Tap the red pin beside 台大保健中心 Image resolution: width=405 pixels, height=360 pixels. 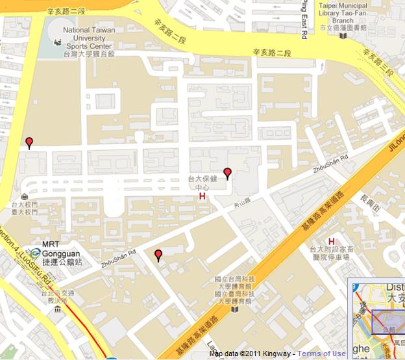(227, 172)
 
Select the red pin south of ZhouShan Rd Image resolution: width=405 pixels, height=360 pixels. (158, 254)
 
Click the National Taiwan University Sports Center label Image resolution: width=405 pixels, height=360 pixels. (89, 42)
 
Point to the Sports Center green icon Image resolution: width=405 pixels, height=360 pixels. (58, 43)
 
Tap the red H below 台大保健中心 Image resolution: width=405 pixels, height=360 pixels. (202, 196)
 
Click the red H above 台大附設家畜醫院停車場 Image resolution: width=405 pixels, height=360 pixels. (332, 242)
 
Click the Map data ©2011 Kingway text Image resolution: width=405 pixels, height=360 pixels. (251, 354)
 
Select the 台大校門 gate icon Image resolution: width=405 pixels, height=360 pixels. (24, 196)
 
